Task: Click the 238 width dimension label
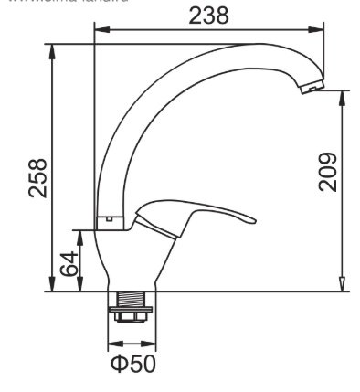tap(209, 16)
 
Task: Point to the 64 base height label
tap(69, 265)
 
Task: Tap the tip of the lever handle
tap(249, 218)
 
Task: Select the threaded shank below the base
tap(132, 300)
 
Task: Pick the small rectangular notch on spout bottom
tap(107, 220)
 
